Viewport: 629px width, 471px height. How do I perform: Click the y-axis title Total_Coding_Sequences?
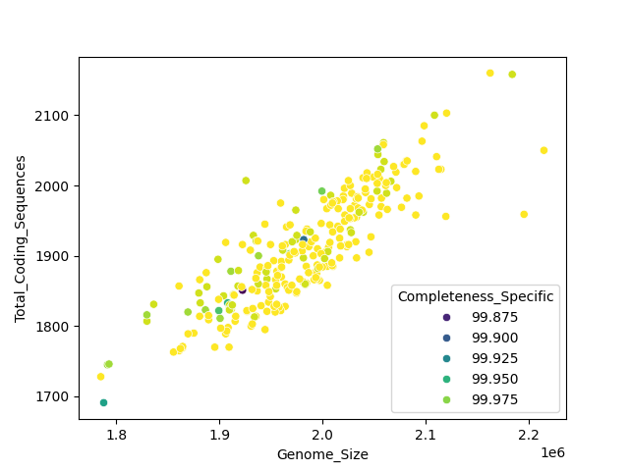(21, 238)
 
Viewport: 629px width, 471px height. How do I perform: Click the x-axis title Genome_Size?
(322, 454)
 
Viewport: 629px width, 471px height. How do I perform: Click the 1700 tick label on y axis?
(55, 396)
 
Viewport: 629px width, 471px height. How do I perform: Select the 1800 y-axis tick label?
(55, 327)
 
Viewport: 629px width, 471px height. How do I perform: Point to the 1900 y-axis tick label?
(55, 256)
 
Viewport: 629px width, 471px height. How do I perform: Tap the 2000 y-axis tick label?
(55, 186)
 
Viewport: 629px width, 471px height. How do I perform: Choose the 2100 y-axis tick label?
(55, 116)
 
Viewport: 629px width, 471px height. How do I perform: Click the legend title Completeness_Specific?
(475, 296)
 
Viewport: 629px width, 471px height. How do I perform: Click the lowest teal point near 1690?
(103, 402)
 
